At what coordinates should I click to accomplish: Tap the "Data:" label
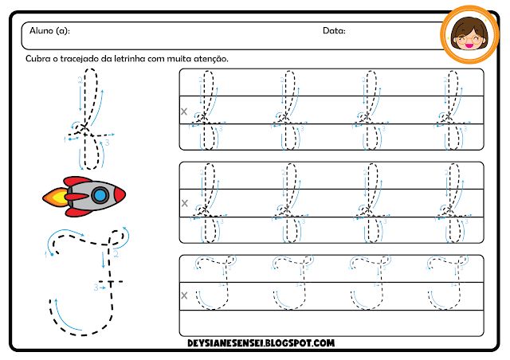[x=333, y=30]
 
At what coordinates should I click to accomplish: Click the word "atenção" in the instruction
[x=209, y=59]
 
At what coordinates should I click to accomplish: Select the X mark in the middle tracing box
[x=185, y=204]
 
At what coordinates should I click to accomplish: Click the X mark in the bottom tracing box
[x=185, y=295]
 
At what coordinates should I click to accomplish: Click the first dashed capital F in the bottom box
[x=213, y=283]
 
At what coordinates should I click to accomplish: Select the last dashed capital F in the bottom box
[x=448, y=283]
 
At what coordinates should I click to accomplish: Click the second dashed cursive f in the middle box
[x=288, y=202]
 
